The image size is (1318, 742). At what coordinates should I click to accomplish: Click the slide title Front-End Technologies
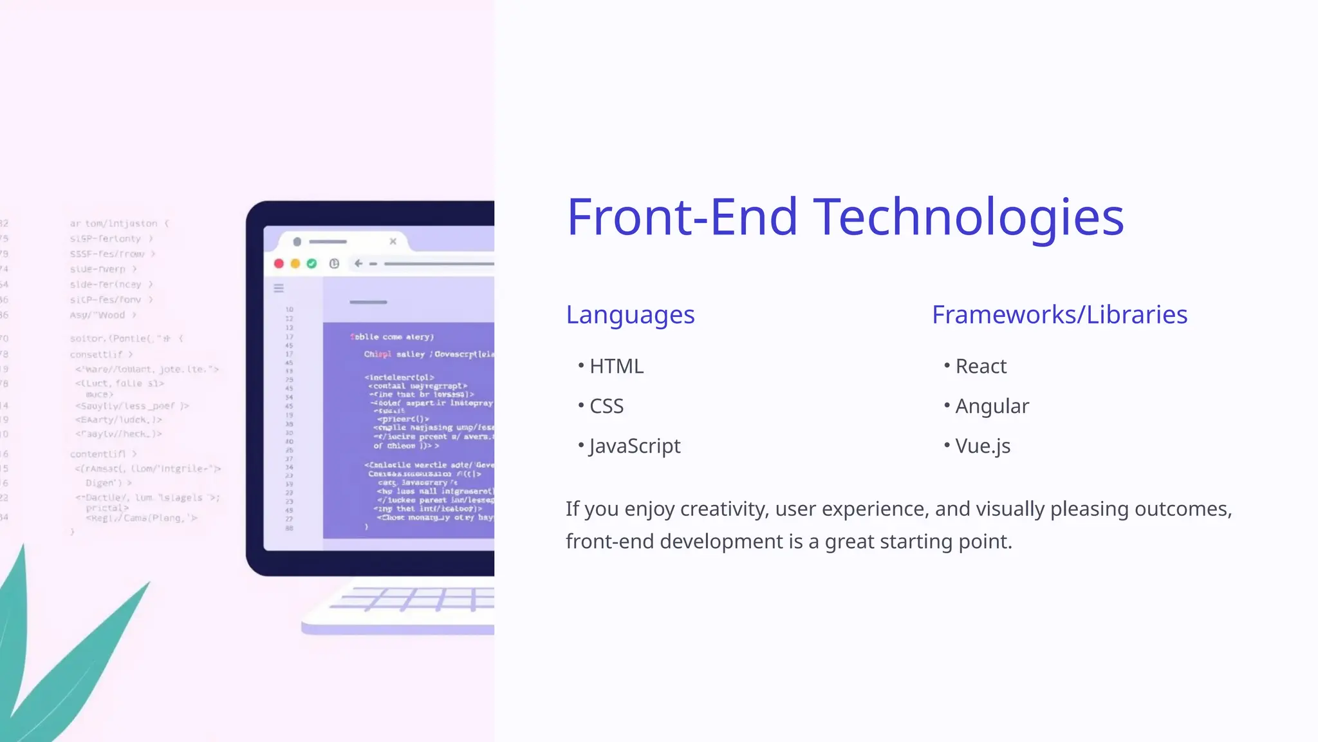pyautogui.click(x=844, y=217)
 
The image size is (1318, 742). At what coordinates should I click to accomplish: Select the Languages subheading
pyautogui.click(x=630, y=315)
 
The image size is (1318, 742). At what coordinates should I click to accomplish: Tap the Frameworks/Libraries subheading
pyautogui.click(x=1059, y=315)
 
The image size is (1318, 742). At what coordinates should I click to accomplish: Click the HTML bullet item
pyautogui.click(x=616, y=366)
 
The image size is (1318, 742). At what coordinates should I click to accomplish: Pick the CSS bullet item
pyautogui.click(x=606, y=406)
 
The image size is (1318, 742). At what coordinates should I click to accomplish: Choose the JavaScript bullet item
pyautogui.click(x=635, y=446)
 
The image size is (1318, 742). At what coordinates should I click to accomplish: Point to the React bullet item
pyautogui.click(x=981, y=366)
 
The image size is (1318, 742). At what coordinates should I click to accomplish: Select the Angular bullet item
pyautogui.click(x=992, y=406)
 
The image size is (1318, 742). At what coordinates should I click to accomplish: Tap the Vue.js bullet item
pyautogui.click(x=983, y=446)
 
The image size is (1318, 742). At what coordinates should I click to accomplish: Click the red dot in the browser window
pyautogui.click(x=279, y=263)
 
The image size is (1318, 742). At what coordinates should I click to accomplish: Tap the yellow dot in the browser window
pyautogui.click(x=295, y=263)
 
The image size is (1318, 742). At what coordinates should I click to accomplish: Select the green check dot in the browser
pyautogui.click(x=312, y=263)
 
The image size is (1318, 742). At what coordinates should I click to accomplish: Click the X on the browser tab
pyautogui.click(x=393, y=242)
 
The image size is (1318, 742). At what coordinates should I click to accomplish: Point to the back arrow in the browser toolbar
pyautogui.click(x=358, y=263)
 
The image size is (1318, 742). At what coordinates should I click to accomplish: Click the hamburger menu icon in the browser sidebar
pyautogui.click(x=279, y=289)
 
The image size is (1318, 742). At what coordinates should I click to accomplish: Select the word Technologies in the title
pyautogui.click(x=969, y=217)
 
